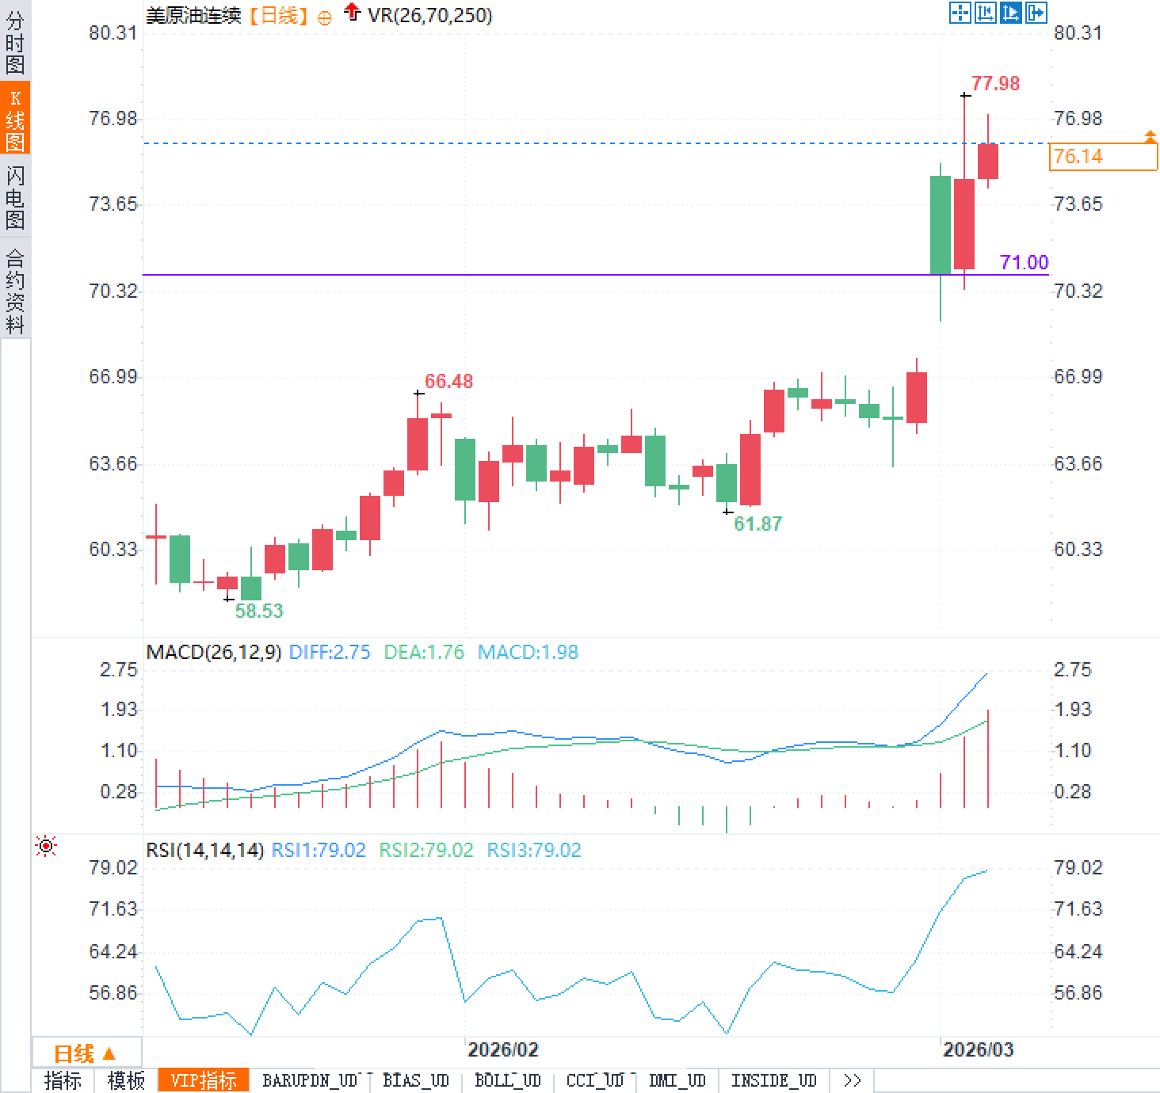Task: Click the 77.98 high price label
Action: pos(995,83)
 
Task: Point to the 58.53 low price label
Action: pos(258,611)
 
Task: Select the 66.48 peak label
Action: pos(448,381)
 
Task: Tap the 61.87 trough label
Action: pos(757,524)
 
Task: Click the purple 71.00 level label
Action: pos(1024,262)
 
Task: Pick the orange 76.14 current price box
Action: pos(1102,156)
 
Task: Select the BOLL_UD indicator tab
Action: pos(507,1080)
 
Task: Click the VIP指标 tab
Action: pos(204,1080)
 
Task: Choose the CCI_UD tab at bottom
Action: pos(595,1080)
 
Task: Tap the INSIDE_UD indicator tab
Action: pos(773,1080)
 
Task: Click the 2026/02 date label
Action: pos(502,1049)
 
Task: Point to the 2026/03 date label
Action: pos(978,1049)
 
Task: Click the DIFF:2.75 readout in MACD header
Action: pos(330,652)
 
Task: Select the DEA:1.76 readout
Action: pos(424,652)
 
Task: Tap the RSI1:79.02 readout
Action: pos(319,850)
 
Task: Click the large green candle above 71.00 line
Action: pos(940,225)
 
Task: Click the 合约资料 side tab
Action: pos(15,291)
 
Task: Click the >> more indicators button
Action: pos(853,1080)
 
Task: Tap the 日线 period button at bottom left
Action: pos(84,1053)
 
